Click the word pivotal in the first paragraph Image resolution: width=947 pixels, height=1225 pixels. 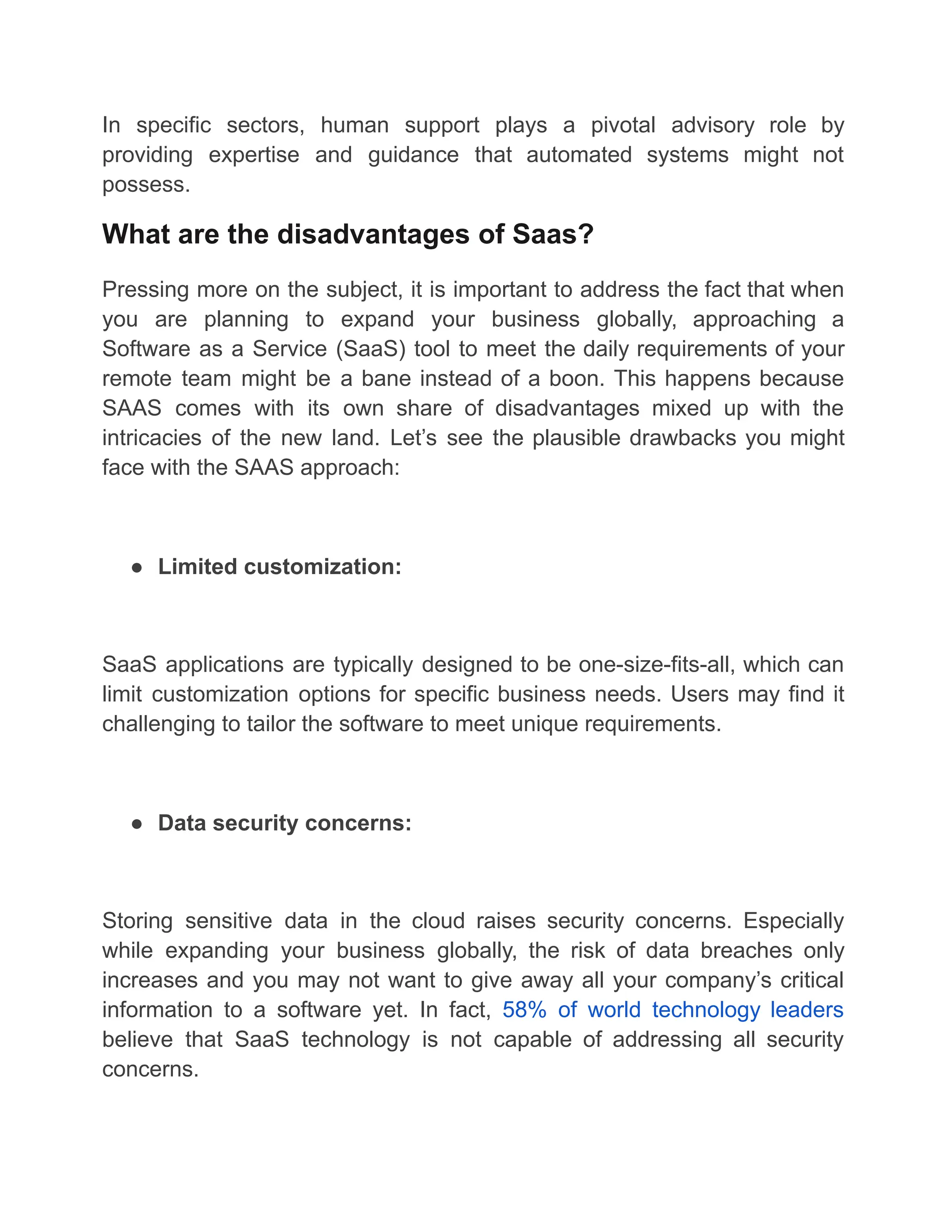coord(623,125)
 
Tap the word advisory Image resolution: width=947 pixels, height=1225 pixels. coord(713,125)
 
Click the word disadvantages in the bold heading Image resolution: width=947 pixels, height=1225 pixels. coord(374,234)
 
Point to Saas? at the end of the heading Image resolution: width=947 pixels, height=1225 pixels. coord(553,234)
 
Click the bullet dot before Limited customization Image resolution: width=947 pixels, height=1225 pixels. coord(136,568)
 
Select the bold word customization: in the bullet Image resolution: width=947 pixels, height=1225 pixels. coord(323,567)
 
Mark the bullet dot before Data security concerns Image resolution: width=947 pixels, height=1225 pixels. coord(136,824)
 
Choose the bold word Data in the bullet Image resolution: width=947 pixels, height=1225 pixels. coord(182,823)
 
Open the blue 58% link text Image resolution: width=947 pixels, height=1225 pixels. coord(524,1010)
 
